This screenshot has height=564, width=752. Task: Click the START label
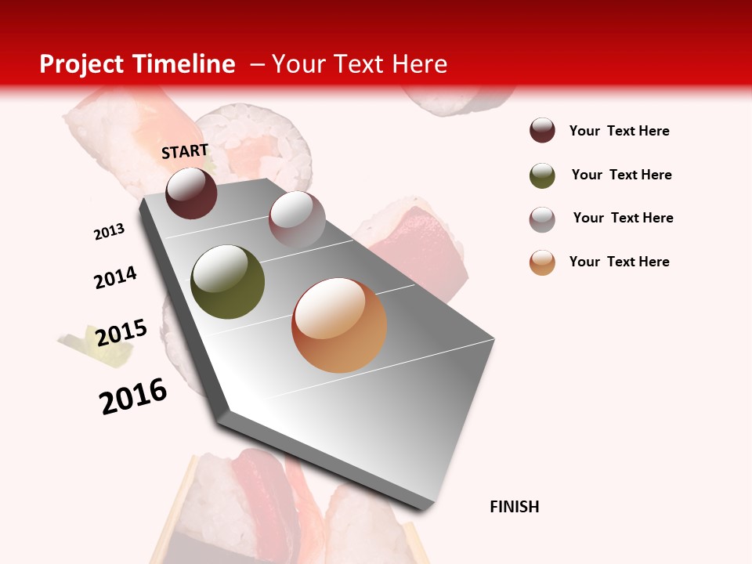(185, 151)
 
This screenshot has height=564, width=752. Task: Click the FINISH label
(515, 507)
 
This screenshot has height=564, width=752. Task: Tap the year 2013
(109, 232)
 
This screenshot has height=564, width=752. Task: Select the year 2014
(115, 277)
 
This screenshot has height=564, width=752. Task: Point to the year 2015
(121, 333)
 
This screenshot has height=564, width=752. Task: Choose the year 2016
(133, 396)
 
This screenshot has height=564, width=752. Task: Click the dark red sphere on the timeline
(191, 193)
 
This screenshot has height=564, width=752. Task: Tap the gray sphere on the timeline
(297, 219)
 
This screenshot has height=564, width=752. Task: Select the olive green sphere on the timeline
(228, 282)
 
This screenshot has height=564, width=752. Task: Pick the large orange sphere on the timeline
(339, 325)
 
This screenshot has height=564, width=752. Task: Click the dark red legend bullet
(542, 130)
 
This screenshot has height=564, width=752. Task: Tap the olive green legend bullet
(542, 175)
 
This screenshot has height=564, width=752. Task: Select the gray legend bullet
(542, 219)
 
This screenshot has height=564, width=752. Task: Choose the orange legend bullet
(542, 262)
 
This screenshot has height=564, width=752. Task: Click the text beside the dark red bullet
(619, 131)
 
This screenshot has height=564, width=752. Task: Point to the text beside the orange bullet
(619, 262)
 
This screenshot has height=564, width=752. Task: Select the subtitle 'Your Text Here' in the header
(359, 64)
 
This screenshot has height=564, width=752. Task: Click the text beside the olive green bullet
(621, 175)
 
